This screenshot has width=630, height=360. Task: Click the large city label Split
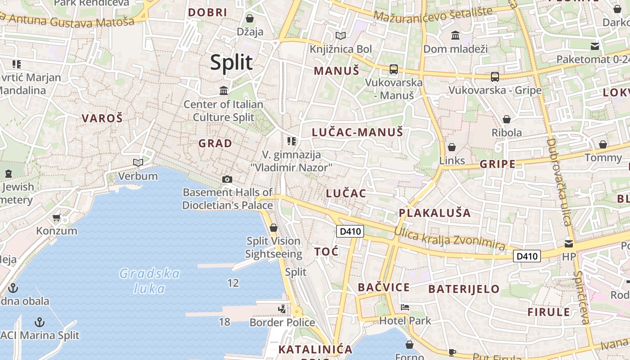point(231,63)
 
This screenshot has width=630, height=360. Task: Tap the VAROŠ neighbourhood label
point(102,118)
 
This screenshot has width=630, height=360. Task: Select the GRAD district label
point(216,144)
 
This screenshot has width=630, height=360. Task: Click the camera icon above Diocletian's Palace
point(227,179)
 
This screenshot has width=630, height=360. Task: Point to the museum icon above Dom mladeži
point(455,35)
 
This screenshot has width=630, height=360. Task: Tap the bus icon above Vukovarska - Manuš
point(394,69)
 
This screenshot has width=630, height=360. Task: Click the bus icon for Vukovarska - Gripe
point(495,76)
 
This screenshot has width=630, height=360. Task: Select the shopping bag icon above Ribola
point(507,119)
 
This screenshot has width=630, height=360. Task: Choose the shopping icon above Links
point(452,147)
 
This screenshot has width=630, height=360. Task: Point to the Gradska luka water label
point(150,281)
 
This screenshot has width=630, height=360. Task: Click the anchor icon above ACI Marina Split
point(40,322)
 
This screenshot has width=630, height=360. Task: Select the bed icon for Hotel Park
point(405,308)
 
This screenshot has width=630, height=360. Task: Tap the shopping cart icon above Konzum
point(56,218)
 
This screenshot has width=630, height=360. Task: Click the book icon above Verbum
point(138,162)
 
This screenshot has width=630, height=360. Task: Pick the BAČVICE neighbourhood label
point(384,288)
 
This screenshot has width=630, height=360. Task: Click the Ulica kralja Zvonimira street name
point(450,238)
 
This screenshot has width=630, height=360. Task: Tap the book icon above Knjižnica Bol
point(341,36)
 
